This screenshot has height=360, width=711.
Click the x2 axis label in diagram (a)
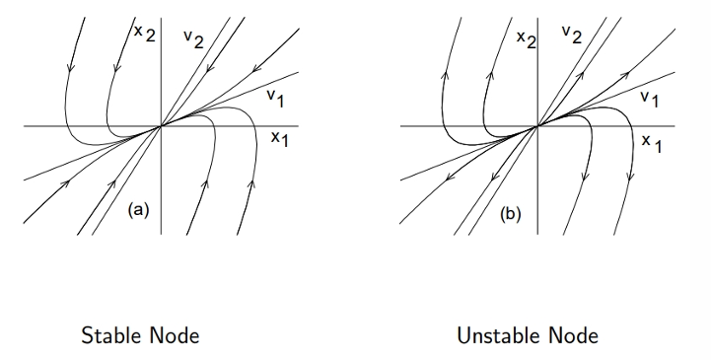pyautogui.click(x=145, y=34)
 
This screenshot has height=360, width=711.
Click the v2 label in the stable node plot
pyautogui.click(x=193, y=39)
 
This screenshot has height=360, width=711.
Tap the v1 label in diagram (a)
pyautogui.click(x=276, y=98)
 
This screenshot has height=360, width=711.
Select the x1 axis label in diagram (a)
pyautogui.click(x=279, y=138)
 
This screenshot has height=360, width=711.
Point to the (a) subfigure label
pyautogui.click(x=138, y=210)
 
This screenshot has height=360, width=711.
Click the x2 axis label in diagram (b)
pyautogui.click(x=526, y=38)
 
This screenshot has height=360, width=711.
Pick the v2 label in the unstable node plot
pyautogui.click(x=571, y=34)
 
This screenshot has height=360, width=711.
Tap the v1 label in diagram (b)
pyautogui.click(x=649, y=99)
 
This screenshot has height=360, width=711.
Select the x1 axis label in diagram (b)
pyautogui.click(x=652, y=143)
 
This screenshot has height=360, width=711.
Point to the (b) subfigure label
pyautogui.click(x=511, y=214)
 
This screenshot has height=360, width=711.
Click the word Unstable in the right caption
pyautogui.click(x=499, y=336)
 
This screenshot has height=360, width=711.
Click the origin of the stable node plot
pyautogui.click(x=161, y=126)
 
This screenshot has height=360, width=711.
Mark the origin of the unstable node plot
pyautogui.click(x=537, y=126)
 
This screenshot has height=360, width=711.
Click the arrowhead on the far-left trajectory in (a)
pyautogui.click(x=70, y=67)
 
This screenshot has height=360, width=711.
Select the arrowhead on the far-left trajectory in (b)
pyautogui.click(x=446, y=74)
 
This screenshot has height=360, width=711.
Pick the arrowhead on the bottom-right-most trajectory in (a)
pyautogui.click(x=251, y=184)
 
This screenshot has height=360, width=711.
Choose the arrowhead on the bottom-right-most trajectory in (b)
pyautogui.click(x=629, y=177)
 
